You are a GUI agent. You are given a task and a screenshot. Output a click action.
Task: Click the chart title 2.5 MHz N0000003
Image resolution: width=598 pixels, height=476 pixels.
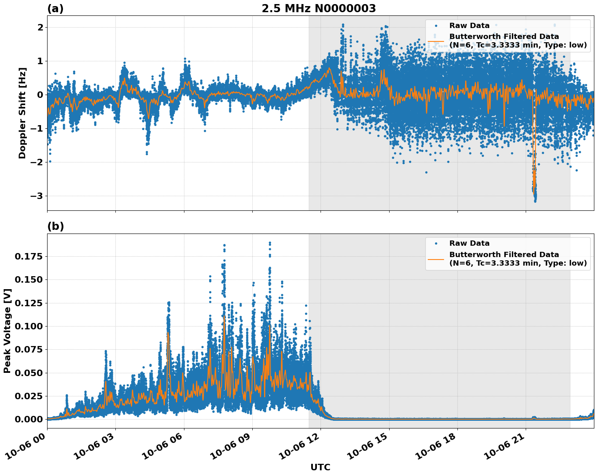[x=318, y=9]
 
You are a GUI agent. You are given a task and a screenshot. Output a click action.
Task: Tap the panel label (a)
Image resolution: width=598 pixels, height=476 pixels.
[x=55, y=9]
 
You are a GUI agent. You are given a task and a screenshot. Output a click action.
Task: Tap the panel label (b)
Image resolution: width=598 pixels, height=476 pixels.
[x=55, y=226]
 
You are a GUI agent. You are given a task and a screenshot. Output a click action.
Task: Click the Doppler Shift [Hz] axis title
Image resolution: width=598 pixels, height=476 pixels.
[x=22, y=113]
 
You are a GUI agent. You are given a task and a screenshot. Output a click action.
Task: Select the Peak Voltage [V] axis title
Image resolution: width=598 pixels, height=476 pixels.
[x=7, y=331]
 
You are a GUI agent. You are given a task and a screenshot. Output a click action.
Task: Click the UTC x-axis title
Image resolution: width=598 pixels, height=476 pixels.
[x=320, y=467]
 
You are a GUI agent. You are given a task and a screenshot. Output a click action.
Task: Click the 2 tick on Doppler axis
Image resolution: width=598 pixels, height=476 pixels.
[x=40, y=28]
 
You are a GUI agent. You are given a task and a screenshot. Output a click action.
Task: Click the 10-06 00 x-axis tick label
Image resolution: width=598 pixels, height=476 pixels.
[x=25, y=449]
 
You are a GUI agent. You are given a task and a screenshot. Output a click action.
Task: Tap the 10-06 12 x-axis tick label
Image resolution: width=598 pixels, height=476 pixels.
[x=299, y=449]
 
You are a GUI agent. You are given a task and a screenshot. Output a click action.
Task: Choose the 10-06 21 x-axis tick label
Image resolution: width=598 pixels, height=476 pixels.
[x=504, y=449]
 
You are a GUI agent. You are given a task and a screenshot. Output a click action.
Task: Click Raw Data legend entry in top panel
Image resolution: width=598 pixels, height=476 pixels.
[x=469, y=26]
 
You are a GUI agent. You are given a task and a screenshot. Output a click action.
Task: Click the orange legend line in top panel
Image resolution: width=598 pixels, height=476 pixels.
[x=435, y=41]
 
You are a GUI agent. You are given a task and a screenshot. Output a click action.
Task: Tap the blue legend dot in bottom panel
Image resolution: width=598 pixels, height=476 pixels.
[x=436, y=243]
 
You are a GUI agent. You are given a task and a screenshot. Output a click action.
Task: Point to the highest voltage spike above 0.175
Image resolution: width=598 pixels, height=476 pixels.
[x=270, y=243]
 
